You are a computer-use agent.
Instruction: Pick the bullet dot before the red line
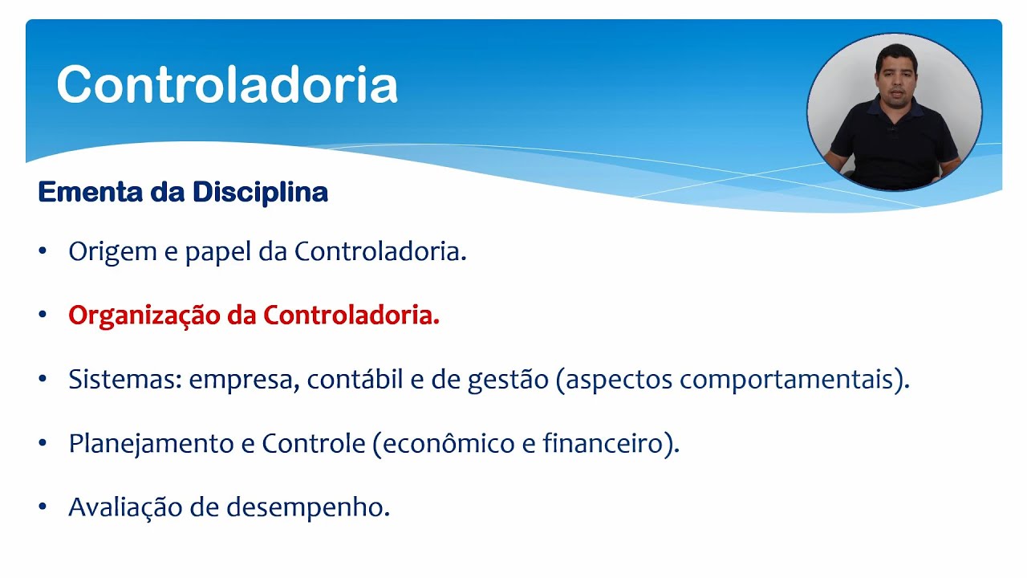point(43,316)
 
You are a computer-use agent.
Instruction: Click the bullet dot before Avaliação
point(43,507)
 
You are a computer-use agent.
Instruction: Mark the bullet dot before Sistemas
point(43,380)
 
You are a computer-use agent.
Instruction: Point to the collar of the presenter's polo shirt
point(892,106)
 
